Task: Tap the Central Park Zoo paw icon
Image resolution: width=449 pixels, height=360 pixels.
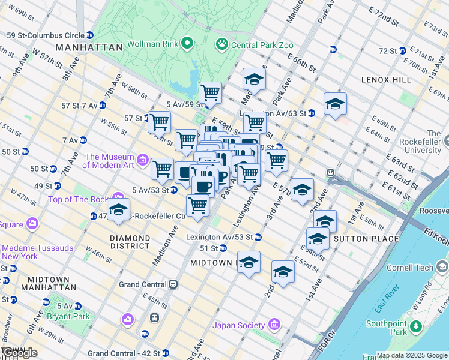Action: (222, 44)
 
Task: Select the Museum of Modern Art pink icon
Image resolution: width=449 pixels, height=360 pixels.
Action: (142, 160)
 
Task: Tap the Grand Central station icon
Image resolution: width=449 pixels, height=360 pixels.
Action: (173, 284)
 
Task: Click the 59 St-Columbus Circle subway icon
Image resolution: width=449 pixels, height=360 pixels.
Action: (90, 35)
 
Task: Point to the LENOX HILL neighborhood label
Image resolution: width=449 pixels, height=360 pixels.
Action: (386, 79)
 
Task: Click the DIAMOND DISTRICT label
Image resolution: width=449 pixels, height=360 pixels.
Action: (130, 242)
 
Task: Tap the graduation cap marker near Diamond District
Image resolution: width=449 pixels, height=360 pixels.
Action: (119, 210)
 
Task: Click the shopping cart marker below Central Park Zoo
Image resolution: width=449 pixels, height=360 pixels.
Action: (210, 93)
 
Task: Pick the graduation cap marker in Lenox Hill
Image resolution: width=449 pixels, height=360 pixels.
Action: (335, 104)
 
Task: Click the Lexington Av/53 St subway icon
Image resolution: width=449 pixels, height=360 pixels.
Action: (258, 237)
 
